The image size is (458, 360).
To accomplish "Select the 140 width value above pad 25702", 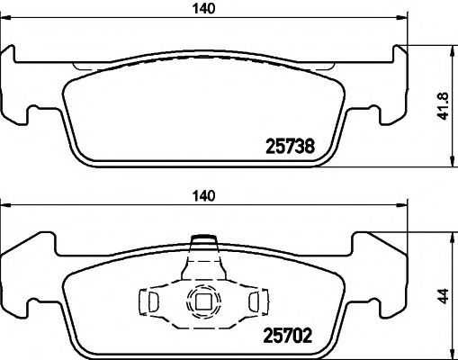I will (207, 193).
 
